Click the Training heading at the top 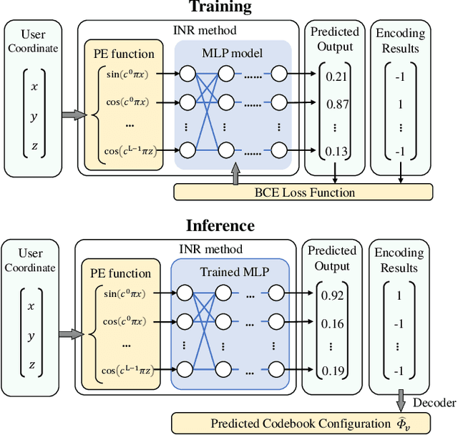pos(220,8)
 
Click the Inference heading pos(220,225)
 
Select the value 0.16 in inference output pos(331,323)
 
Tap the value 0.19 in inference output pos(331,370)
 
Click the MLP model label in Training pos(232,52)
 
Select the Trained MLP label pos(230,272)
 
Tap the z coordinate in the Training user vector pos(34,147)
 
